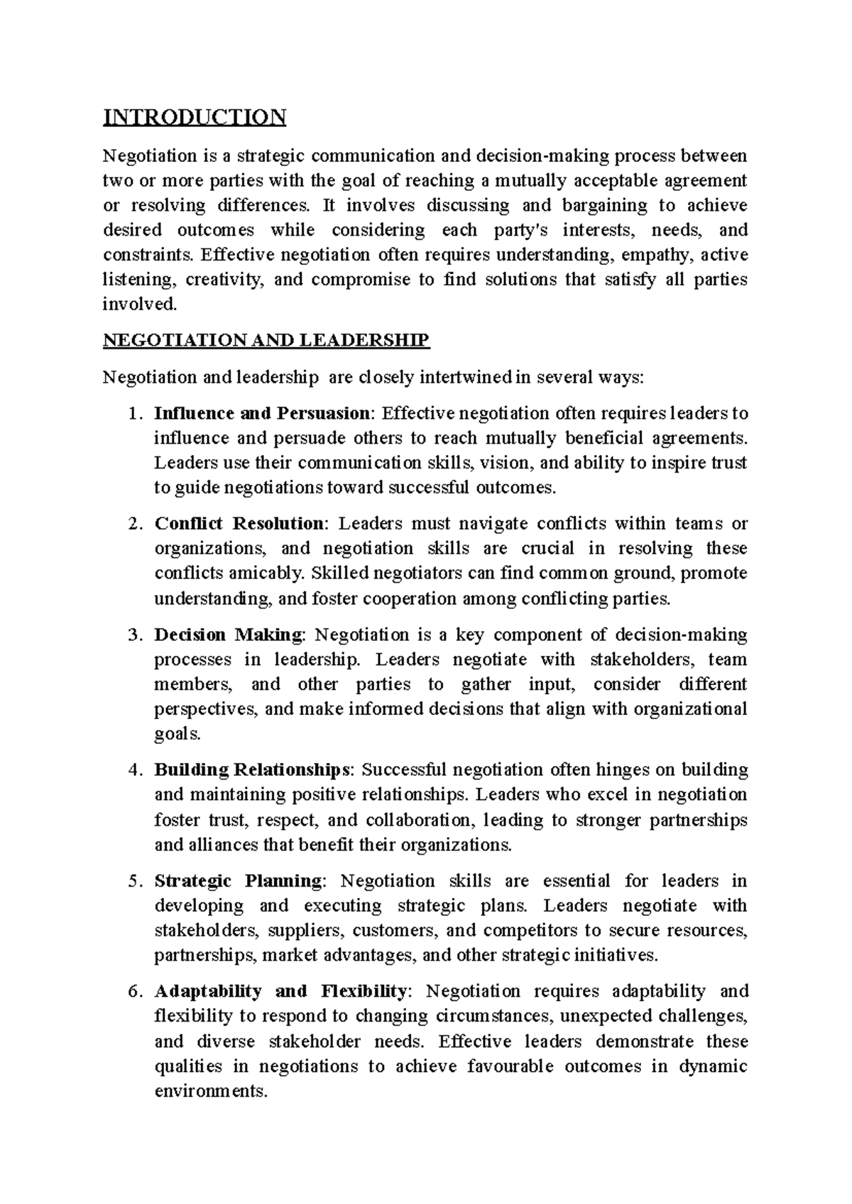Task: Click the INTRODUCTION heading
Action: click(x=195, y=116)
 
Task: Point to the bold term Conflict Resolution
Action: click(x=239, y=524)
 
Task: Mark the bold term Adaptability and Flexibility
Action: click(x=280, y=991)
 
